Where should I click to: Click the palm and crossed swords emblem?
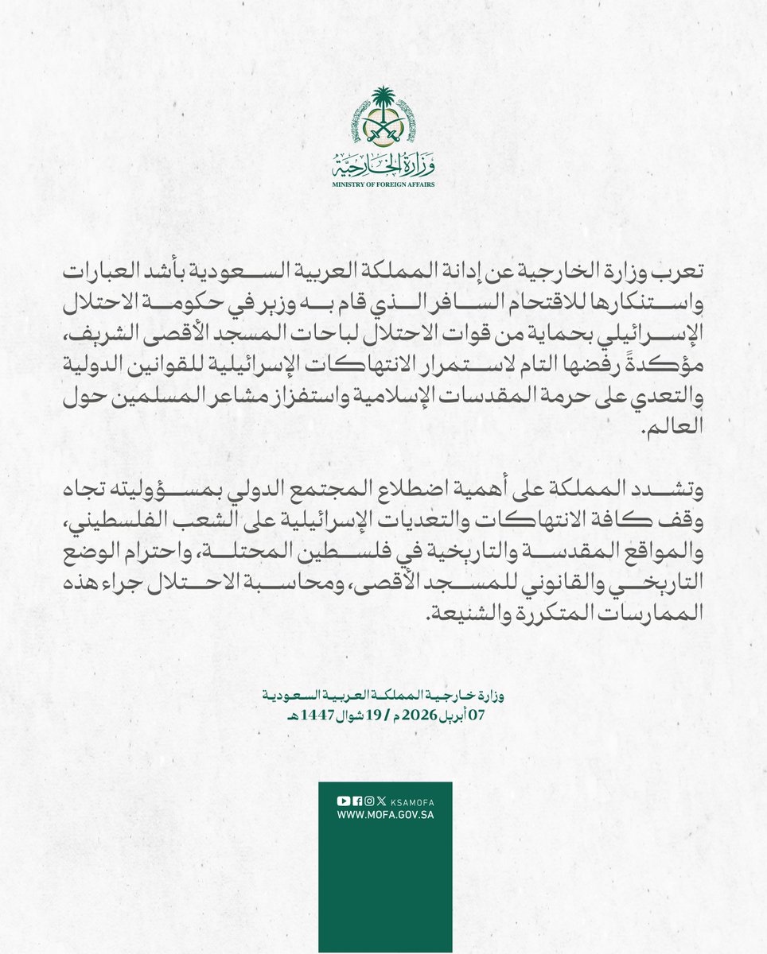tap(383, 120)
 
